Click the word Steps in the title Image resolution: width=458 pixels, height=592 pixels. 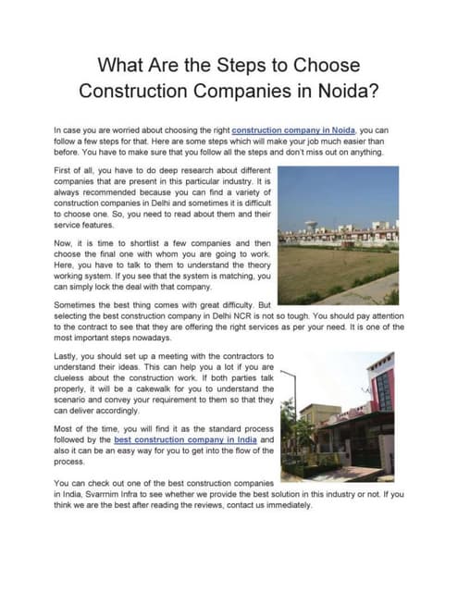click(x=249, y=68)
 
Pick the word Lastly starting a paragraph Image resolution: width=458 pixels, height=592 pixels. click(x=68, y=356)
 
